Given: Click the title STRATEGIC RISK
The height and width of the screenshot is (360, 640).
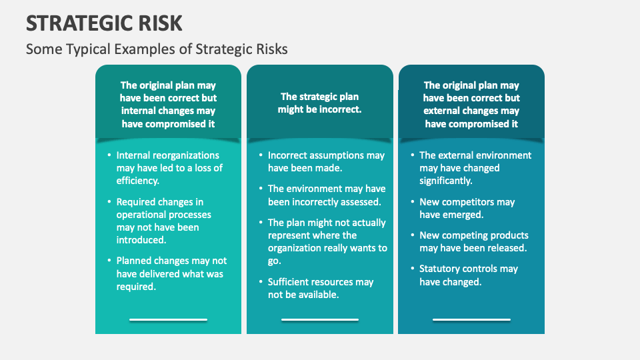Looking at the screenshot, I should pos(104,23).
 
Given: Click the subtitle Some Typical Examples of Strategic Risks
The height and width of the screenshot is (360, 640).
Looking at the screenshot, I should pos(157,49).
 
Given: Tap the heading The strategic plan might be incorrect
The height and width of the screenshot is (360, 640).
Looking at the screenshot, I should pos(319,103).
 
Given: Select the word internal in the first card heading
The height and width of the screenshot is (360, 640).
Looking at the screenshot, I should pos(139,111).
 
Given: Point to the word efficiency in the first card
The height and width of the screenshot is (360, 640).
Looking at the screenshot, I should pos(138,180).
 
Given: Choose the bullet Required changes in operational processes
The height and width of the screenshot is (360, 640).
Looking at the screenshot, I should pos(164,221).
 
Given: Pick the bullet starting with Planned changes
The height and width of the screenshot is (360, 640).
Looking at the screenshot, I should pos(171,273).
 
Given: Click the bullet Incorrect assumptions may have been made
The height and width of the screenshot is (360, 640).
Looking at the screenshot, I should pos(326,161).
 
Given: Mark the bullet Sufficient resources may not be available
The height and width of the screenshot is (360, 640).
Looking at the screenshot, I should pos(321,288).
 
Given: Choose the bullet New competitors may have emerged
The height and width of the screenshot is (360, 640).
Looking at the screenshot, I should pos(467,208).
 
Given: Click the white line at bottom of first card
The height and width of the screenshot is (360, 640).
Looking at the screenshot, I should pos(168,320).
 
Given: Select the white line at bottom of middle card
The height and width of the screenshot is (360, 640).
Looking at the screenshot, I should pos(320,320).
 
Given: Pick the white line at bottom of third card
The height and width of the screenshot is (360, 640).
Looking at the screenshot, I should pos(471,320).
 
